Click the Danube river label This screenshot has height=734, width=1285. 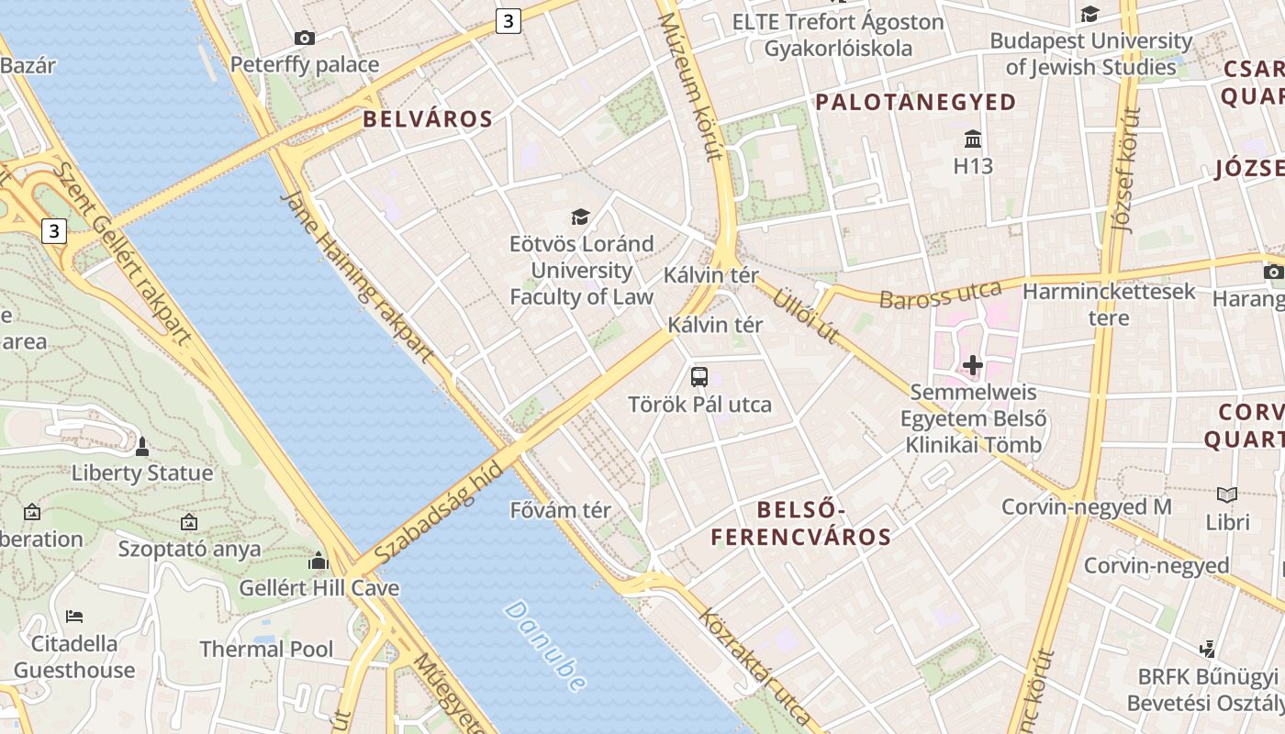click(546, 646)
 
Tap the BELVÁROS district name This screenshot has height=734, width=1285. click(428, 118)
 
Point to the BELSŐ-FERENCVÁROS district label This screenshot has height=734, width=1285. click(800, 523)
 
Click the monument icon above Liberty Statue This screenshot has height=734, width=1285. click(141, 447)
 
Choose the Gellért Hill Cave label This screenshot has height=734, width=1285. click(319, 588)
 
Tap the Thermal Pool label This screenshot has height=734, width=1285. click(266, 650)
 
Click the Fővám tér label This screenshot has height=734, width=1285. click(560, 510)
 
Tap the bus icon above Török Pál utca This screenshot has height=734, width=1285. click(699, 376)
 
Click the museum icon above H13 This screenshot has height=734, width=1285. click(973, 139)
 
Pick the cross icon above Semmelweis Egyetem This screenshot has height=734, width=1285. click(972, 366)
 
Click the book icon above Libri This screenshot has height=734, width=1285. click(1227, 495)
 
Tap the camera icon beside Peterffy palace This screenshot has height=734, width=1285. click(305, 38)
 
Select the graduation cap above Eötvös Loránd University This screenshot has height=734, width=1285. click(580, 217)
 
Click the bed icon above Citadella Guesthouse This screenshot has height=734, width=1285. click(74, 616)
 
